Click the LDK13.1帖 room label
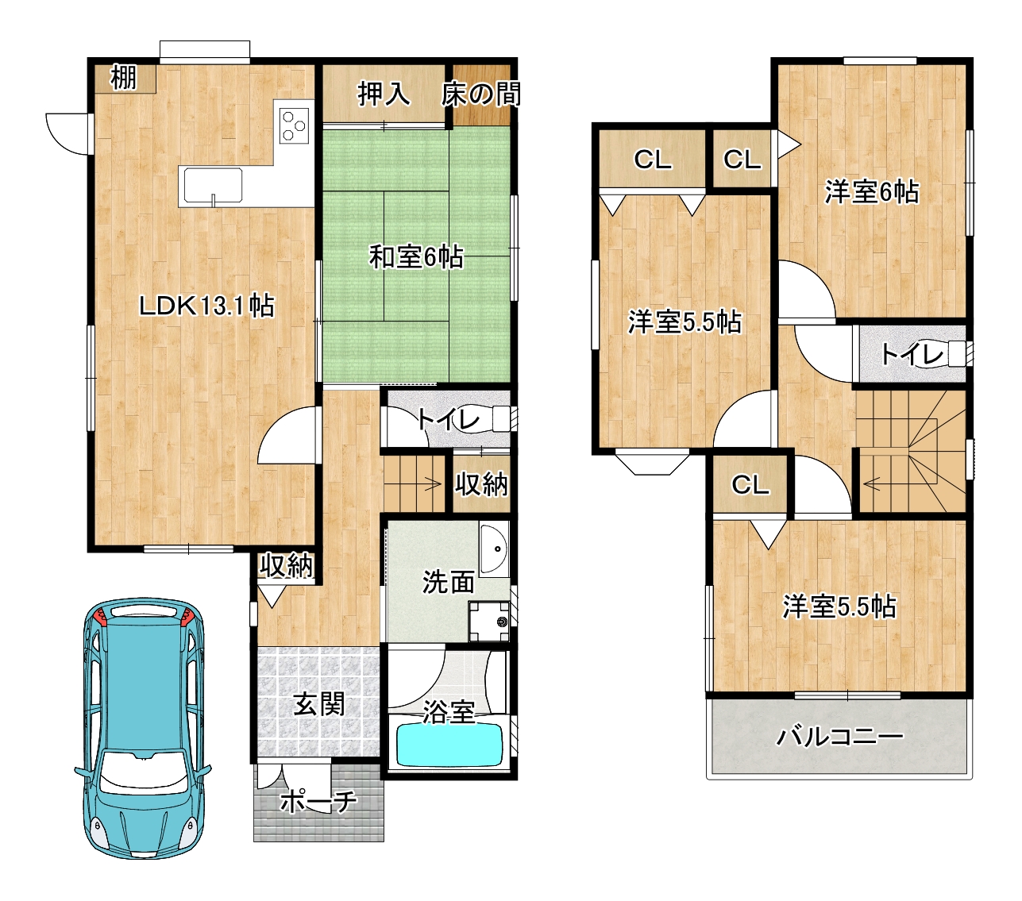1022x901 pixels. coord(206,306)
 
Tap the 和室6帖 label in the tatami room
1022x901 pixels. coord(416,256)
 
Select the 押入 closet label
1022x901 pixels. coord(384,94)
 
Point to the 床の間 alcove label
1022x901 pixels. coord(480,94)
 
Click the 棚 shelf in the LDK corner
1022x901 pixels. coord(124,79)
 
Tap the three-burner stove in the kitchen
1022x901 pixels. coord(295,125)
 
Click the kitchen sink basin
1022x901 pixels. coord(213,185)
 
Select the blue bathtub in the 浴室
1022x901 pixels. coord(449,745)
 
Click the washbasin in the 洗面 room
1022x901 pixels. coord(494,551)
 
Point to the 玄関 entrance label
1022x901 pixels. coord(318,703)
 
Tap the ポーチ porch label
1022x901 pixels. coord(318,801)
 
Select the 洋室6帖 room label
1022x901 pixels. coord(872,192)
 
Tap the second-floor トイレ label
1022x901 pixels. coord(912,355)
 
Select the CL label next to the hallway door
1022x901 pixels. coord(750,485)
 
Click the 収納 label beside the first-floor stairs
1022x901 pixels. coord(481,484)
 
